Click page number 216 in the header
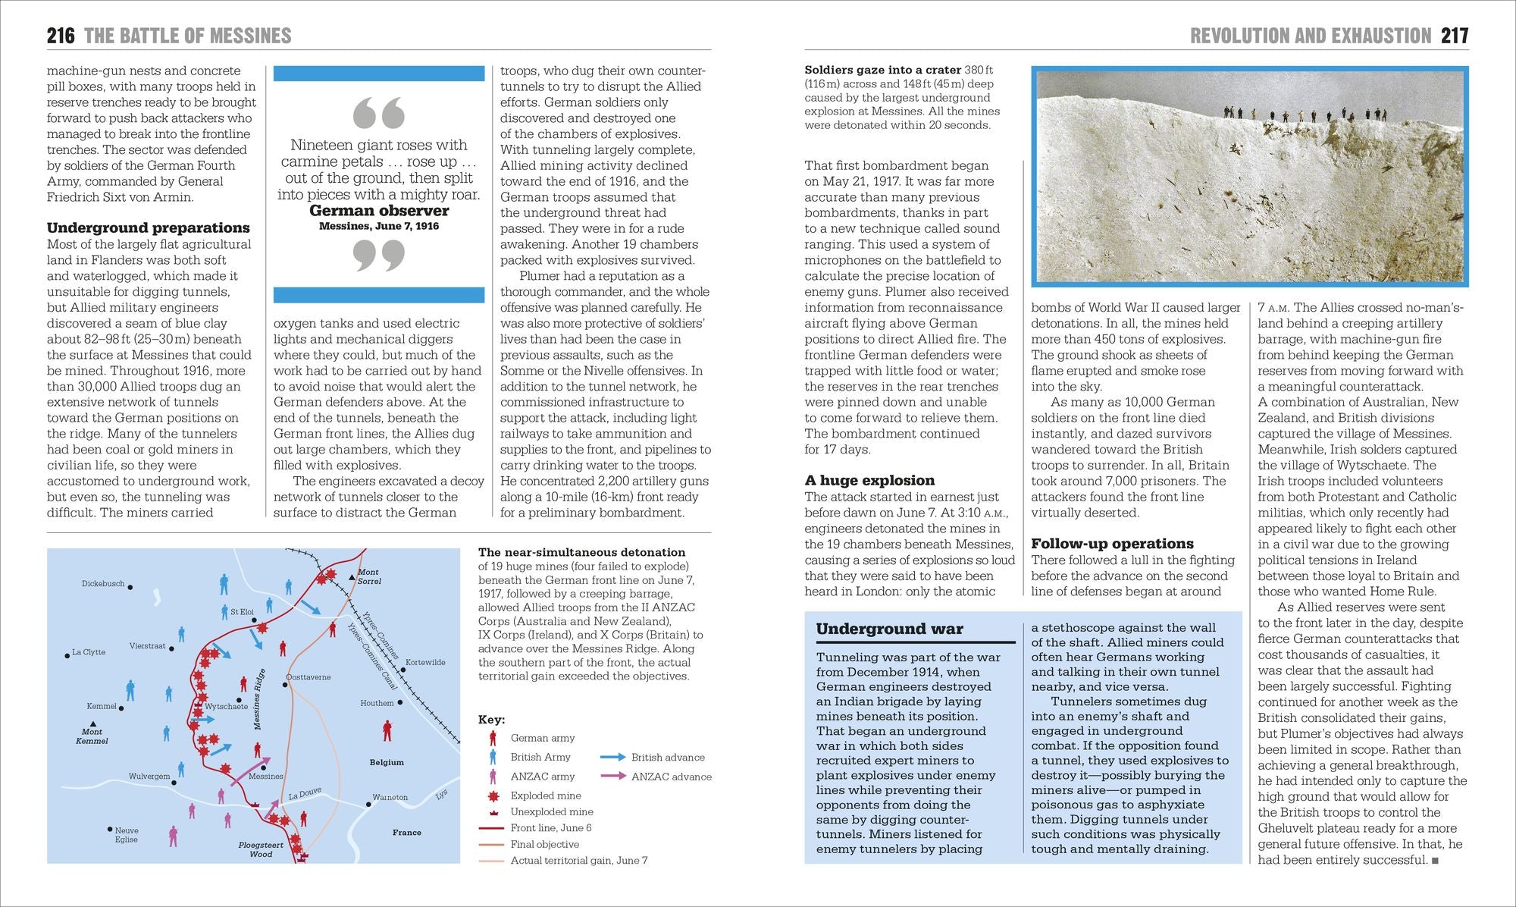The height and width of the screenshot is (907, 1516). coord(61,36)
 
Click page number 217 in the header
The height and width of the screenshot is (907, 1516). coord(1455,36)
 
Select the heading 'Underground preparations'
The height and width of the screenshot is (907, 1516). coord(149,228)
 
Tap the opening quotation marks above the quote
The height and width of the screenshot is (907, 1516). coord(379,114)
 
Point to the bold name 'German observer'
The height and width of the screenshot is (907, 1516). coord(379,211)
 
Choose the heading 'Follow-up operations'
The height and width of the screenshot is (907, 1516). coord(1112,544)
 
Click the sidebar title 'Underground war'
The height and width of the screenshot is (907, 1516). coord(889,629)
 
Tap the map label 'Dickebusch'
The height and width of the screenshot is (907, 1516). coord(103,584)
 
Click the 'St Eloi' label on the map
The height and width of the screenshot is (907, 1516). coord(243,612)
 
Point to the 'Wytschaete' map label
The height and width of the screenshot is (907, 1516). coord(226,707)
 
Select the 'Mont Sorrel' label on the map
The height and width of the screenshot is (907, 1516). coord(369,577)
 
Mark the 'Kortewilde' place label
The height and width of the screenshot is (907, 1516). coord(425,663)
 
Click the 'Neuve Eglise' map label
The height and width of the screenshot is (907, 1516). coord(127,835)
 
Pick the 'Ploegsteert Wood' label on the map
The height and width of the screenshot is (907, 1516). coord(261,849)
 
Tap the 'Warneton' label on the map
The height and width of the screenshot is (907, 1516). coord(390,798)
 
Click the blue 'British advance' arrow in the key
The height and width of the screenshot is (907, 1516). coord(612,757)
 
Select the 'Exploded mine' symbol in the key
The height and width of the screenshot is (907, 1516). coord(493,796)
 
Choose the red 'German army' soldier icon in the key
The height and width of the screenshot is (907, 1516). coord(493,738)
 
